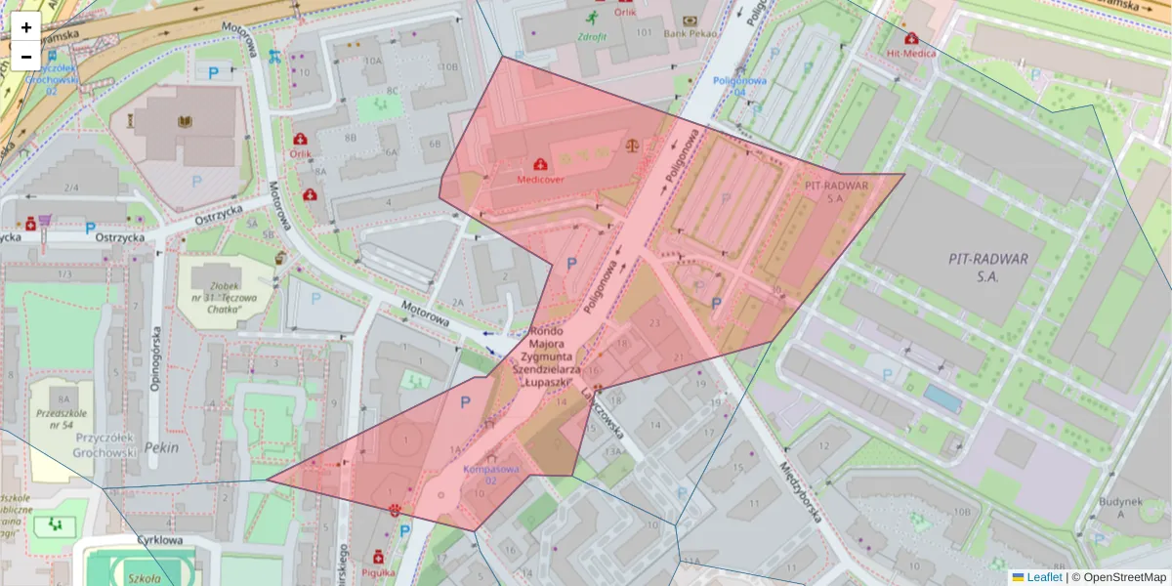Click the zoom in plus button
click(x=26, y=27)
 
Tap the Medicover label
click(x=540, y=181)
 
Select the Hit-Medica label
click(x=911, y=53)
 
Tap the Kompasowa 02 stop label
click(x=490, y=475)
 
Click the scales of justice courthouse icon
click(x=635, y=146)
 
